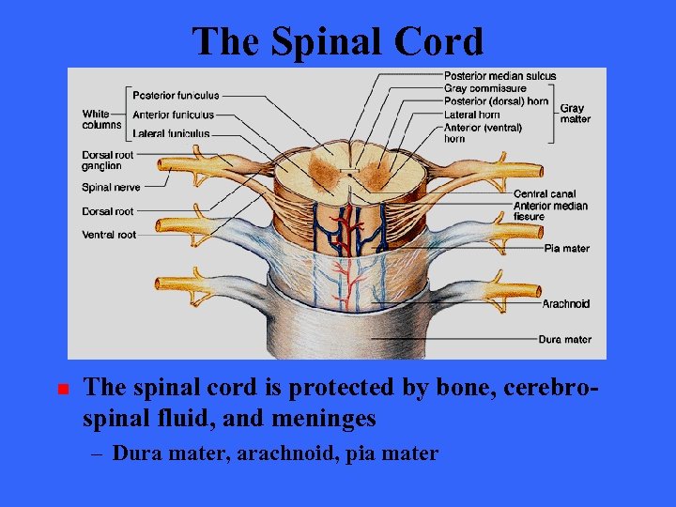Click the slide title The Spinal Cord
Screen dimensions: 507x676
(x=337, y=41)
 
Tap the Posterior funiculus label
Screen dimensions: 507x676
(x=176, y=95)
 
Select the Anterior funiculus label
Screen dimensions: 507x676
(x=174, y=115)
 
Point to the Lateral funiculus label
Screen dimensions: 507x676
(x=171, y=134)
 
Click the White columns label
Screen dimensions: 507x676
(x=100, y=119)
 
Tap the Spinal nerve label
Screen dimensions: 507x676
(x=110, y=188)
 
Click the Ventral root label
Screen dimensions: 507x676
(x=109, y=235)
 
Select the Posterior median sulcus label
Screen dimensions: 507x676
(x=499, y=76)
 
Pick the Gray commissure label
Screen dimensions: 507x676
(x=484, y=88)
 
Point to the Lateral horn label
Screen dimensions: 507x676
(x=471, y=115)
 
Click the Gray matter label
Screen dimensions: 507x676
(x=575, y=114)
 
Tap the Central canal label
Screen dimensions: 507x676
(x=545, y=194)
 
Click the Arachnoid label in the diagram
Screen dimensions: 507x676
(x=565, y=303)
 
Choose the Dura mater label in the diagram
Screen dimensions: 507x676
(x=564, y=339)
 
